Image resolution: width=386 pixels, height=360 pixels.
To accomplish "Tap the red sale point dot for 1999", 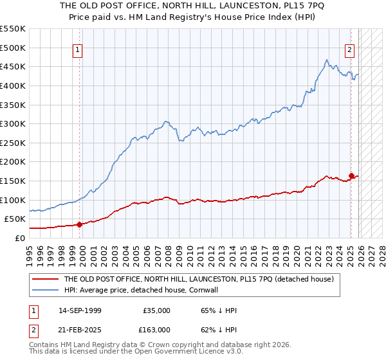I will (x=80, y=224).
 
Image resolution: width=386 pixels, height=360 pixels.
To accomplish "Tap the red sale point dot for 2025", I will (x=351, y=175).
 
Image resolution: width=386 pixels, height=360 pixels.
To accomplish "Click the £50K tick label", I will (x=15, y=219).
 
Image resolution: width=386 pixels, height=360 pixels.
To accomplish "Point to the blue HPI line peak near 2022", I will (x=327, y=60).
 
